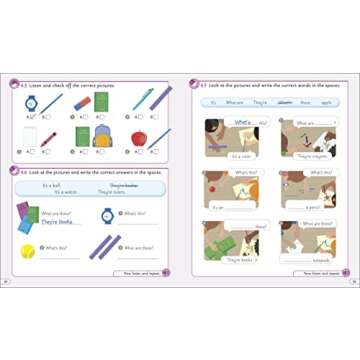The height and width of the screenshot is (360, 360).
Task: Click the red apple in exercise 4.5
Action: point(139,138)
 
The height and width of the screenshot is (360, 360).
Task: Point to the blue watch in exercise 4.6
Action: point(107,214)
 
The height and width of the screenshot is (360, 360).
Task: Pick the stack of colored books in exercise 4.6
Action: point(27,214)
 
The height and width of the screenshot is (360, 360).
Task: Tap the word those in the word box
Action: point(303,102)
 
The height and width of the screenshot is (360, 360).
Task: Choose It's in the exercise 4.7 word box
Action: point(212,102)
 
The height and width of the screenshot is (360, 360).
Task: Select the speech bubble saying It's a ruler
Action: point(241,156)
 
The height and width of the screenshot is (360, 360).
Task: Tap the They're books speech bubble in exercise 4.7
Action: point(240,259)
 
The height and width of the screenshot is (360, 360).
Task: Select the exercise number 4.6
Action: point(22,172)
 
